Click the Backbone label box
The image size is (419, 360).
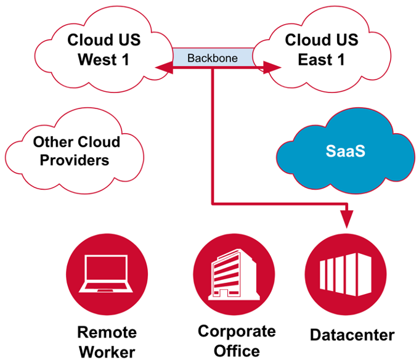coord(212,57)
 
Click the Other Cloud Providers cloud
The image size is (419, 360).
coord(76,150)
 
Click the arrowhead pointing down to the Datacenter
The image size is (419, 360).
coord(347,219)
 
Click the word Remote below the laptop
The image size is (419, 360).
coord(107,332)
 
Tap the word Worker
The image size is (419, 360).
coord(107,352)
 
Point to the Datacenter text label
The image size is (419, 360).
coord(352,335)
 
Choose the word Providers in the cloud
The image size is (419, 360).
coord(71,160)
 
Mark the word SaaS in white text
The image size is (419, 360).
coord(345,150)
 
